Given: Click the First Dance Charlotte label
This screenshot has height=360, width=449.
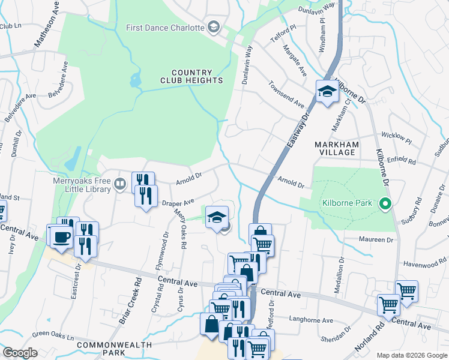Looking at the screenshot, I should (x=164, y=28).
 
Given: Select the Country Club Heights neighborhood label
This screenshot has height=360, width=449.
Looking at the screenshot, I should (x=191, y=76).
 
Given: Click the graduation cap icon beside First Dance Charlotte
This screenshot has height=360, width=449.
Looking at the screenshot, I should (x=213, y=27).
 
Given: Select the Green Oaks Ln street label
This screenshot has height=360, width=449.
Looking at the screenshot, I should (x=53, y=334).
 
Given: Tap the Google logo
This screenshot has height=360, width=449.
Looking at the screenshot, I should (x=20, y=353).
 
